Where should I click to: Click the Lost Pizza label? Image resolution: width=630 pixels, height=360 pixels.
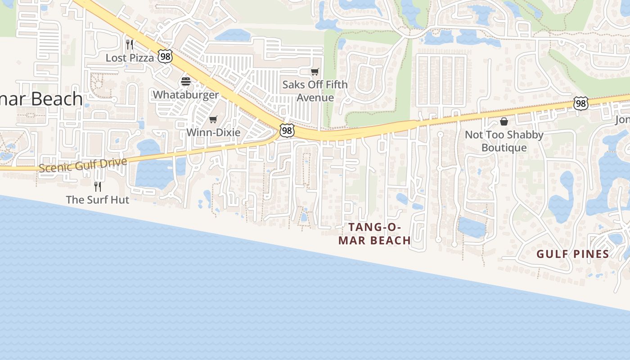tap(130, 58)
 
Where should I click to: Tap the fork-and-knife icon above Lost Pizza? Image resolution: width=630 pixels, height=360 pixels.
tap(130, 44)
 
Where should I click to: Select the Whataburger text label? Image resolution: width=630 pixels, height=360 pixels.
tap(185, 94)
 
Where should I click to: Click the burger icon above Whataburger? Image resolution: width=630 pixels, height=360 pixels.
tap(185, 81)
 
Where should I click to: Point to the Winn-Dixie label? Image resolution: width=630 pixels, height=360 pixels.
tap(213, 132)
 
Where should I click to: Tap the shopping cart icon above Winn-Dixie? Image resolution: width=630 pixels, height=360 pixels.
tap(213, 119)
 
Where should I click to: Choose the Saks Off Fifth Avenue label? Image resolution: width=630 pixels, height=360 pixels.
tap(315, 91)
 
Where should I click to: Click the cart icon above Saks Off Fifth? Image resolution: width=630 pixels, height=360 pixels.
tap(315, 72)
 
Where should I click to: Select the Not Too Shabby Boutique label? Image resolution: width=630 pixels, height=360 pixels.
tap(504, 141)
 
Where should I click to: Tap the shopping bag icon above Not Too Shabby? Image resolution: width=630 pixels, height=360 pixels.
tap(504, 121)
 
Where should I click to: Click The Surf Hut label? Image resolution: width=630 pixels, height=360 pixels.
tap(97, 199)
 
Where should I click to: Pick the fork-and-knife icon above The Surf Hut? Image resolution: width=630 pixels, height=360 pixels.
tap(97, 186)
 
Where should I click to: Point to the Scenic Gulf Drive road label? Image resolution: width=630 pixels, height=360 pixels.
tap(83, 165)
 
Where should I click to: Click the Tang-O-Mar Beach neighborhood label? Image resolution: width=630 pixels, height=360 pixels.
tap(374, 234)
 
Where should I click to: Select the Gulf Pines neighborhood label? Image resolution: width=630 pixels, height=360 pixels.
tap(572, 254)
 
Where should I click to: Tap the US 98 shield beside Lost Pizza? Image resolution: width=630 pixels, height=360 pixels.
tap(165, 56)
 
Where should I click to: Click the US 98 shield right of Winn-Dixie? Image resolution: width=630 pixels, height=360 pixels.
tap(287, 130)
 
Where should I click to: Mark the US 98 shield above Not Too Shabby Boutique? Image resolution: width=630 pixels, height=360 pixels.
tap(581, 103)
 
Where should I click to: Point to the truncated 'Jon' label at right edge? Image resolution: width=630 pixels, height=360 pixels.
tap(623, 120)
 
